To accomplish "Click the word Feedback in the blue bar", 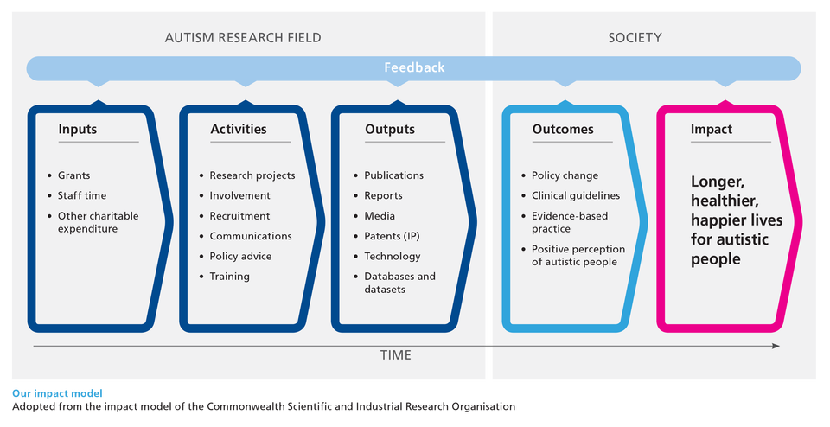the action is click(414, 67).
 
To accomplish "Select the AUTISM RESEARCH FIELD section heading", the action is click(243, 38).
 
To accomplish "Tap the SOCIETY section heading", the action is click(635, 38).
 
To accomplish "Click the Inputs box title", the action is click(78, 129).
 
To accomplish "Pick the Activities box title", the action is click(239, 129).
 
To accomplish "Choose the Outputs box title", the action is click(390, 129).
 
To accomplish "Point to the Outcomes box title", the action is click(563, 129).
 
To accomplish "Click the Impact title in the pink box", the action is click(712, 129).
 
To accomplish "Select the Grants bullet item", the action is click(74, 175).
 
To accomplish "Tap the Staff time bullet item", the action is click(82, 195).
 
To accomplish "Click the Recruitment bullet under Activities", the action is click(239, 216).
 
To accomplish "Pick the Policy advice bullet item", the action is click(240, 256).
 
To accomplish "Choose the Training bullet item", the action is click(230, 277).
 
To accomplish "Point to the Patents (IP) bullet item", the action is click(392, 236).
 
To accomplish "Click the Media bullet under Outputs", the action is click(380, 216).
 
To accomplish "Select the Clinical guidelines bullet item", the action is click(576, 195).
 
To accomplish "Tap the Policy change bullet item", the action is click(565, 175).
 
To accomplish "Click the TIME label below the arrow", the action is click(395, 355).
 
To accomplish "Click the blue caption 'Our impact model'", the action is click(57, 393).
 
